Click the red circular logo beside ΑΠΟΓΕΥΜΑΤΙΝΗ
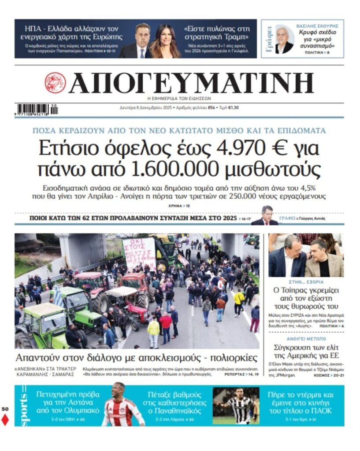click(55, 83)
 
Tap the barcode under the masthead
click(37, 108)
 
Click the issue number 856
click(212, 107)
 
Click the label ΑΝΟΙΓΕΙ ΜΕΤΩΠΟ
click(306, 339)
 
